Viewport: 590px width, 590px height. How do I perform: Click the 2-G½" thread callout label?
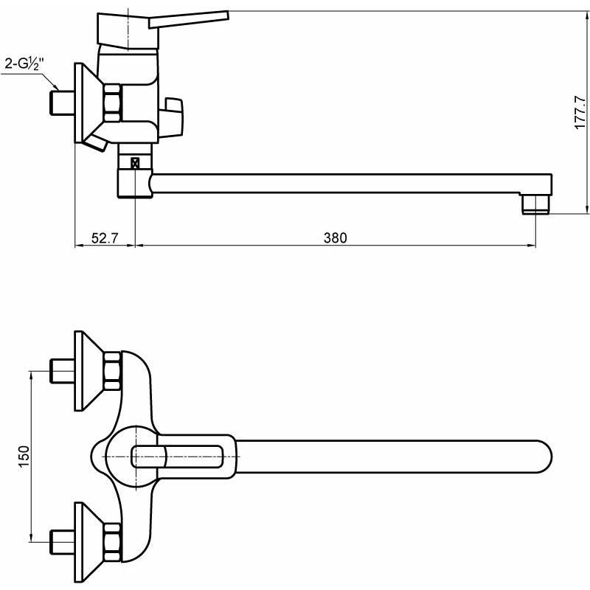24,64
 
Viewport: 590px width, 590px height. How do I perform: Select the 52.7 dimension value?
105,237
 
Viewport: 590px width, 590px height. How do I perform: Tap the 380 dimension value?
336,237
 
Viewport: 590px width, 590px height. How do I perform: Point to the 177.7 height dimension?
580,113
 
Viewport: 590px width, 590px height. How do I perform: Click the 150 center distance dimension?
24,456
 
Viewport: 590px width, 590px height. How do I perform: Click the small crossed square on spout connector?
135,163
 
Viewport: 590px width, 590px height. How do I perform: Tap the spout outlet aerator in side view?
536,204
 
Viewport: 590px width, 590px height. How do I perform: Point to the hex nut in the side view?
112,103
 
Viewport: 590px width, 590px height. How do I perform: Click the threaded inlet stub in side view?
62,103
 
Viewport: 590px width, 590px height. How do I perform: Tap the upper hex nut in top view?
112,371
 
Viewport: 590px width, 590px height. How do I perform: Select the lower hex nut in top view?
112,542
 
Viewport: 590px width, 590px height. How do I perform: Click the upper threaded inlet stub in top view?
62,371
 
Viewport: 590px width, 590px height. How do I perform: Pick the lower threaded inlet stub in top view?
62,542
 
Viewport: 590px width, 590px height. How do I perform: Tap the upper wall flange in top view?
88,371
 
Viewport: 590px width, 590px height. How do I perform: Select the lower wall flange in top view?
88,542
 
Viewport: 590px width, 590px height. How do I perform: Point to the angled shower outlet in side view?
96,143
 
